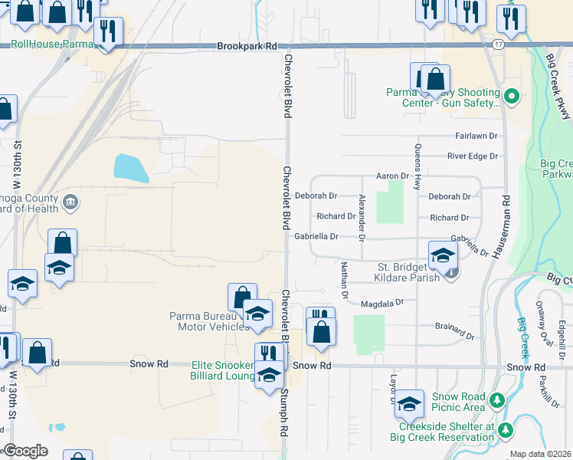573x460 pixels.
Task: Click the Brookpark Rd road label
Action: point(247,47)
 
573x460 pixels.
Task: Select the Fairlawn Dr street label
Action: point(476,135)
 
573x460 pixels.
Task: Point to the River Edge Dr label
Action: point(473,156)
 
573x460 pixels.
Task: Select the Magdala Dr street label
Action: point(381,303)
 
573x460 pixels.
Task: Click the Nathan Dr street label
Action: point(344,278)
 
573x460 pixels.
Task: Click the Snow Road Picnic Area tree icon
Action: point(497,400)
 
